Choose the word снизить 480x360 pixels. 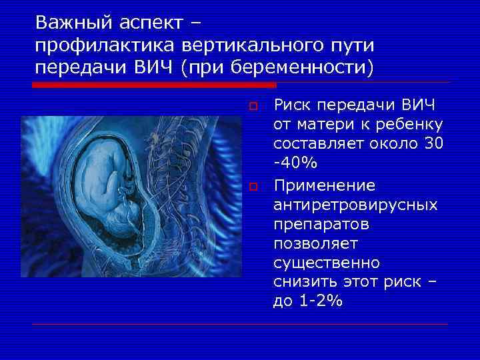304,281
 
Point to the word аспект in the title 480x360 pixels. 147,23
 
